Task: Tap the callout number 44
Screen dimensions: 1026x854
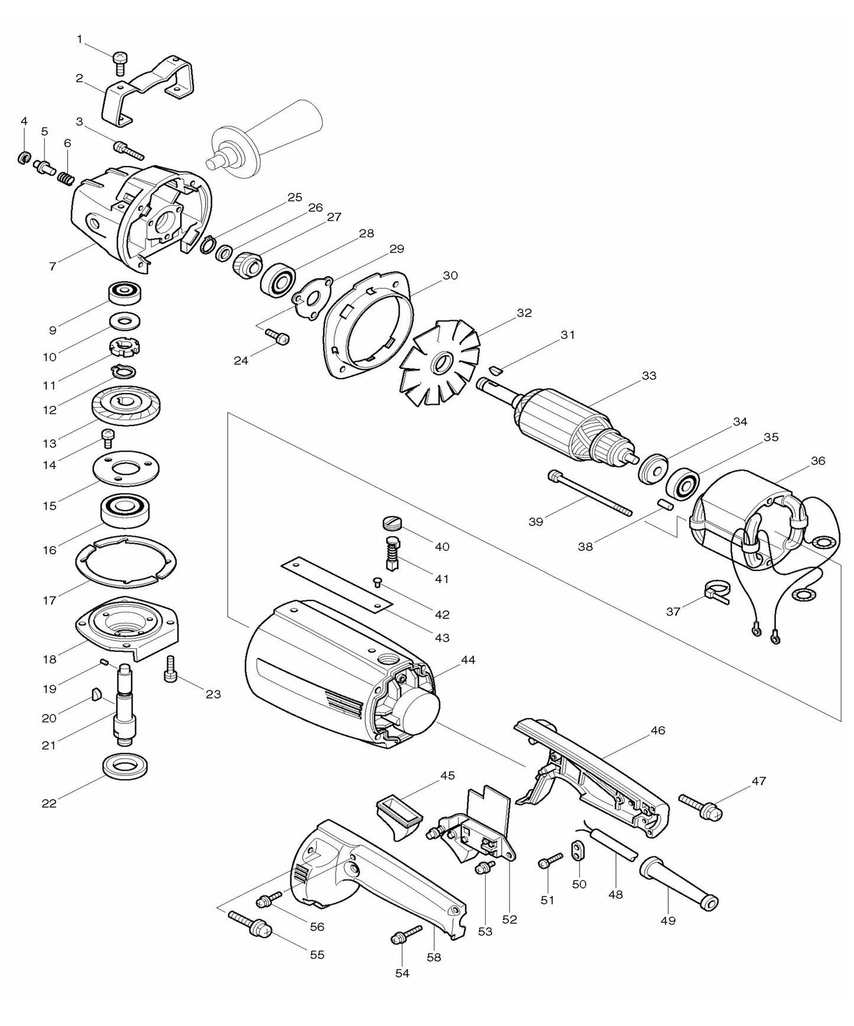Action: pos(468,660)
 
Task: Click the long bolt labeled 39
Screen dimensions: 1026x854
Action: pos(591,493)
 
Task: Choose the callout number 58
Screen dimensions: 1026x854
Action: pos(434,957)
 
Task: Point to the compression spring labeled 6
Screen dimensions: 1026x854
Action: pos(67,176)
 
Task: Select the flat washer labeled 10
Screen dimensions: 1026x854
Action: pos(125,322)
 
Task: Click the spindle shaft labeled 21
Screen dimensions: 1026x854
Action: pos(125,703)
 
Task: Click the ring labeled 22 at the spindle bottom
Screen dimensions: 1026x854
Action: pos(125,767)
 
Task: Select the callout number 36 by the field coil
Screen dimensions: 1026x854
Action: pos(818,460)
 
